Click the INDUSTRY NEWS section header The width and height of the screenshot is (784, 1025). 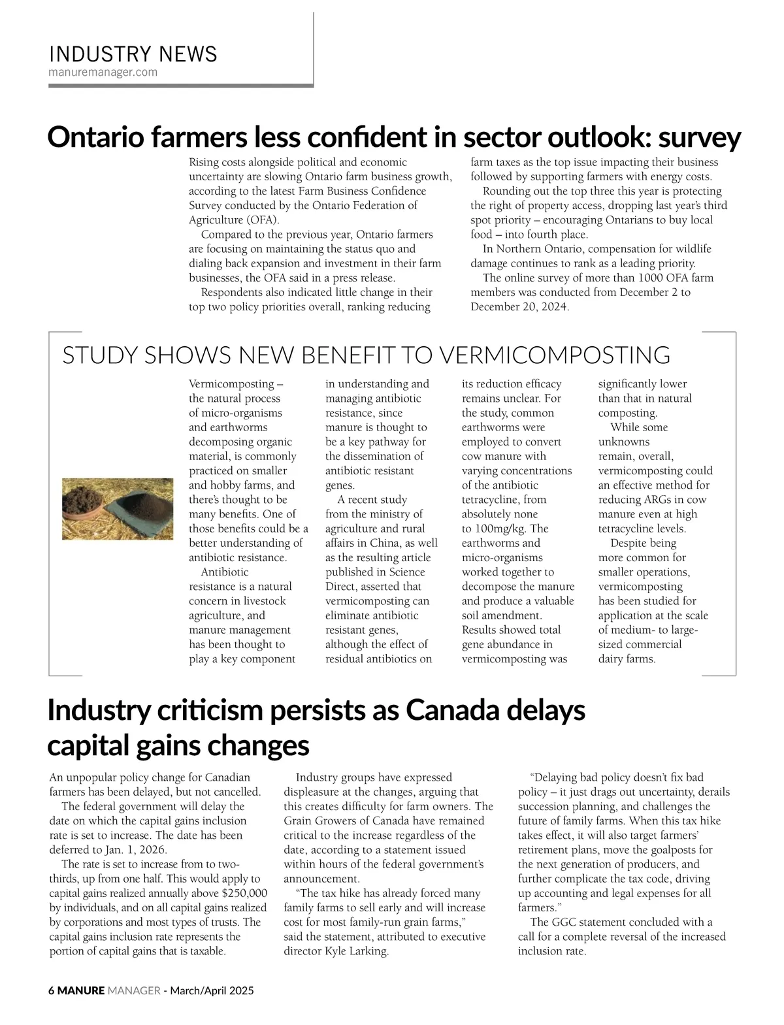point(133,54)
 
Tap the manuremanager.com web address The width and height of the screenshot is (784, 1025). point(103,72)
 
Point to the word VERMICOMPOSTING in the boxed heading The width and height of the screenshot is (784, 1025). point(554,355)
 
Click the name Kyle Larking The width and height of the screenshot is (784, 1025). point(355,951)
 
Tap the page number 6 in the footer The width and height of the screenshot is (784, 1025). point(52,990)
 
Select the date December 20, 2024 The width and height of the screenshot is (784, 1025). point(519,306)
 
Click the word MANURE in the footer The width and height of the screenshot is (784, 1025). point(81,990)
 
